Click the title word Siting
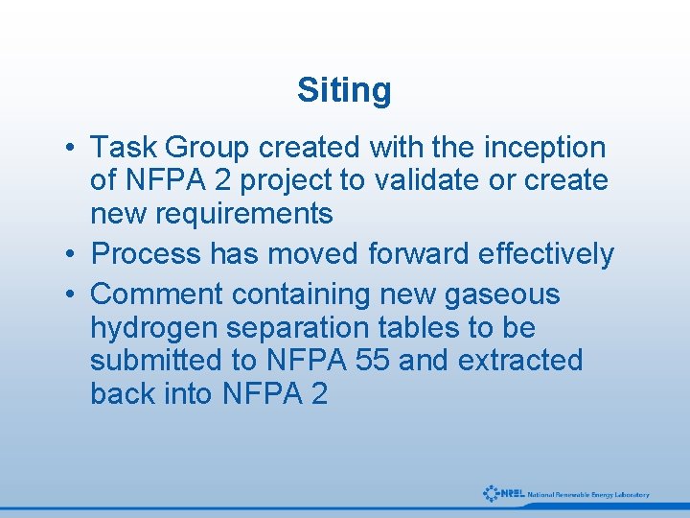tap(344, 90)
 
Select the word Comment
tap(155, 294)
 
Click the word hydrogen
tap(150, 328)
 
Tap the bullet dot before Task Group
tap(72, 149)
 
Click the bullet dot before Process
tap(72, 255)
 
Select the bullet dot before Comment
tap(72, 295)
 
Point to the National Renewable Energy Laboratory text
tap(588, 495)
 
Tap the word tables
tap(420, 328)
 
